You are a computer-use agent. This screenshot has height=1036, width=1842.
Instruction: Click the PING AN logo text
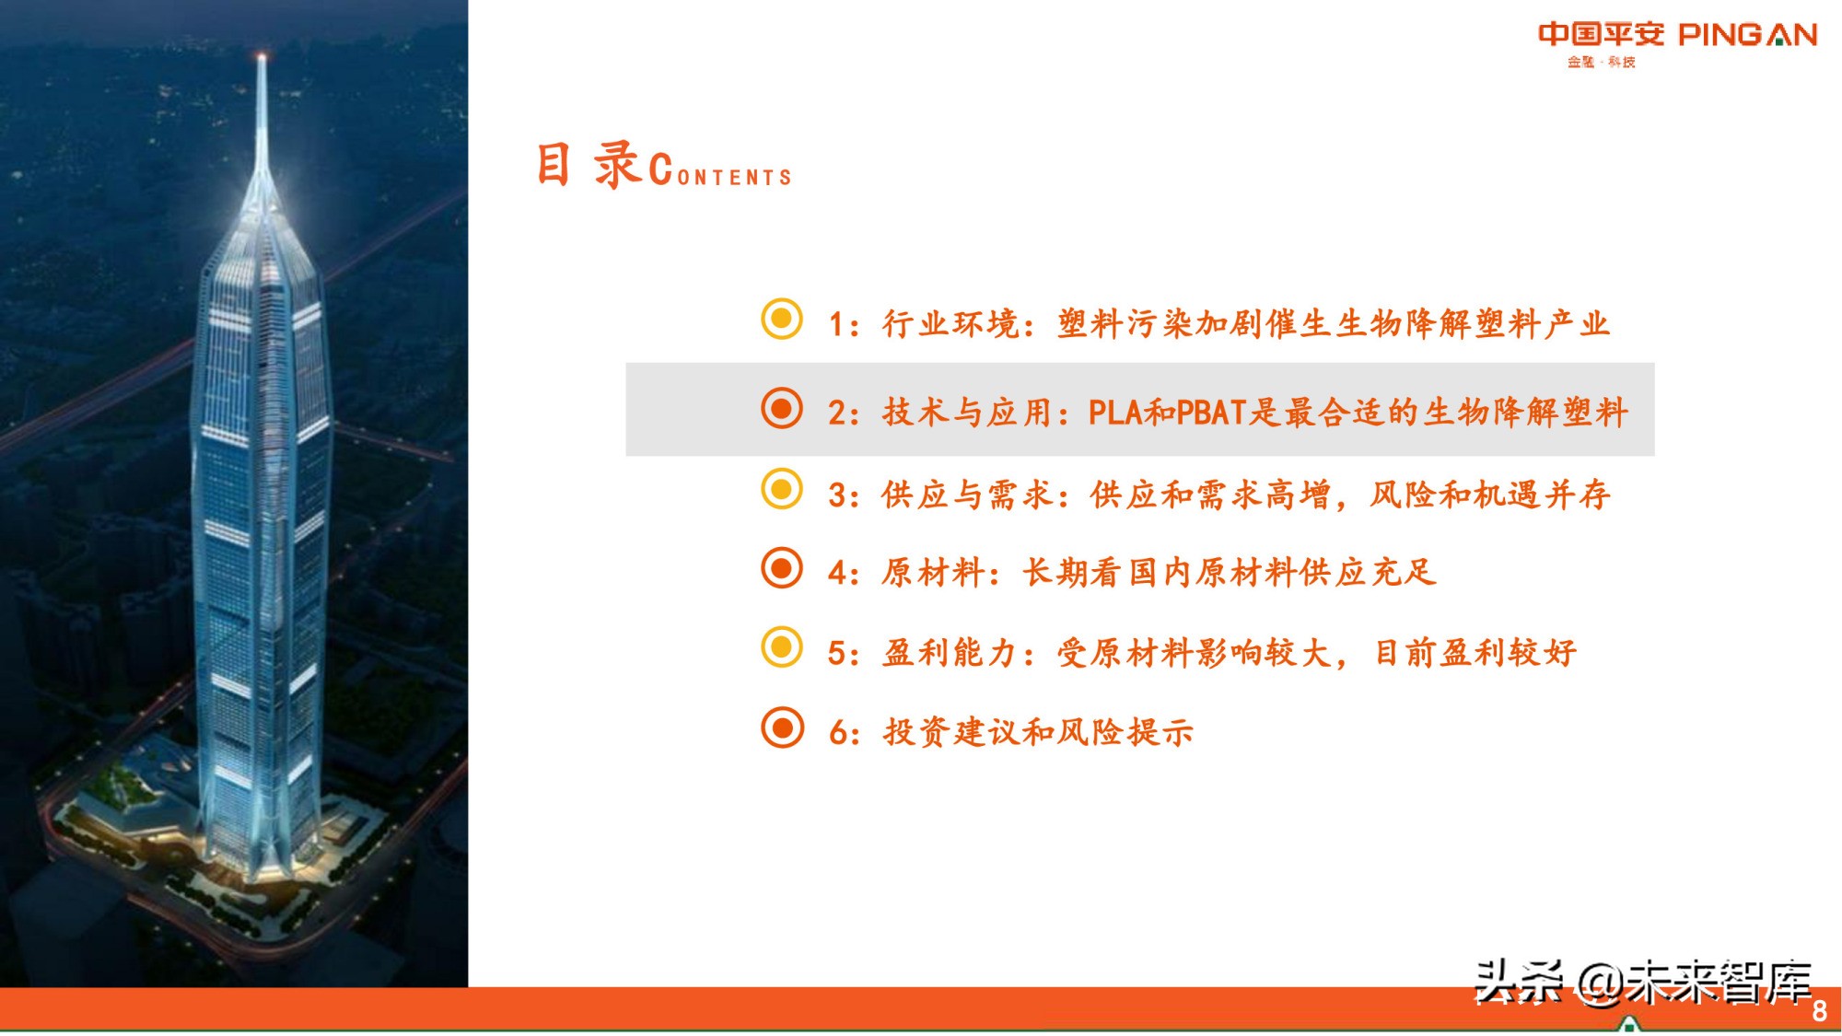coord(1747,35)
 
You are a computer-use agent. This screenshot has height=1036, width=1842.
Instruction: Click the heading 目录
coord(588,166)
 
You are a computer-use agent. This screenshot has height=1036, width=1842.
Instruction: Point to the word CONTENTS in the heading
coord(721,172)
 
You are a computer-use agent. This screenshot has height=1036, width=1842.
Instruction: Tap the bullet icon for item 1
coord(782,319)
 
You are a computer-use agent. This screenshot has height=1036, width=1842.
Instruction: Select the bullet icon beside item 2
coord(782,408)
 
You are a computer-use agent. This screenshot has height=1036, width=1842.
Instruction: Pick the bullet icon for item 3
coord(782,489)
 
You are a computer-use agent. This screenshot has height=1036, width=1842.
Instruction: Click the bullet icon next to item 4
coord(782,568)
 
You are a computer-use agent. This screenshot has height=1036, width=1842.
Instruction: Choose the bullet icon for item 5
coord(782,647)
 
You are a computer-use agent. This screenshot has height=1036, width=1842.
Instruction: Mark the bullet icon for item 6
coord(782,728)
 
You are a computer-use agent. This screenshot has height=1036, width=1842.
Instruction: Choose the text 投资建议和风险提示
coord(1038,733)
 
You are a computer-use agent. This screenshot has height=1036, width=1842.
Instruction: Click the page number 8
coord(1819,1011)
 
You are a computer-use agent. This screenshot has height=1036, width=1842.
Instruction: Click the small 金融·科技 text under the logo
coord(1601,62)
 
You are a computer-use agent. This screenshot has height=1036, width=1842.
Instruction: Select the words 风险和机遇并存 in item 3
coord(1489,495)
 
